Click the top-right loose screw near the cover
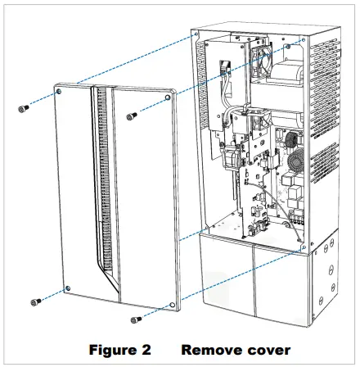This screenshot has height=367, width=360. [131, 117]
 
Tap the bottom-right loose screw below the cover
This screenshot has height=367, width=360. [136, 319]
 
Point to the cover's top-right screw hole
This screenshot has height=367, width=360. [168, 97]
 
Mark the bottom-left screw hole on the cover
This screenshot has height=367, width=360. [67, 287]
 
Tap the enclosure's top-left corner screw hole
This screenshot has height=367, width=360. [196, 34]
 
